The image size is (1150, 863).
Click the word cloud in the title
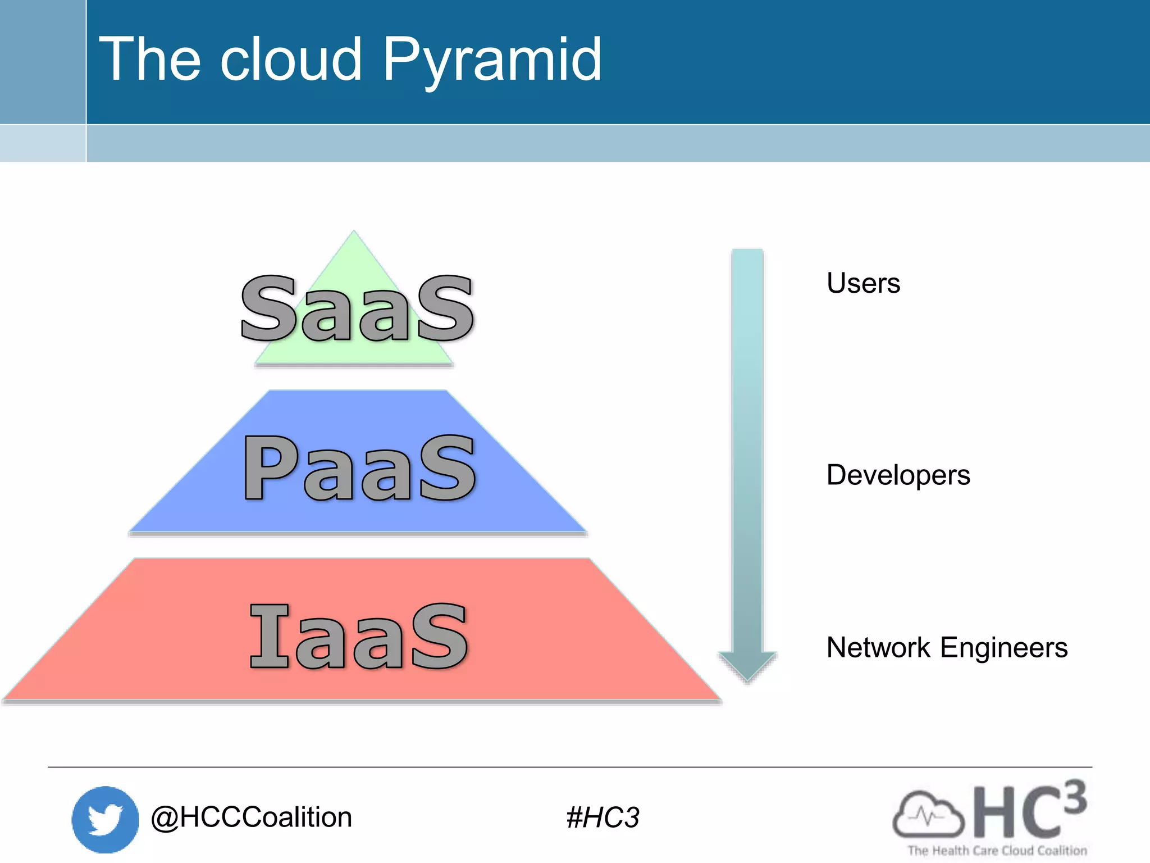click(291, 60)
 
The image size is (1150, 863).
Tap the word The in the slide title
click(150, 60)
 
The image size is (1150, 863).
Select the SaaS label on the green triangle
click(357, 309)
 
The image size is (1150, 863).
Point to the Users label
click(863, 283)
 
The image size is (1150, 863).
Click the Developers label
click(898, 475)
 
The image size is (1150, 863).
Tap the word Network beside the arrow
click(878, 648)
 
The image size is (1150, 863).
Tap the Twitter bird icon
click(105, 819)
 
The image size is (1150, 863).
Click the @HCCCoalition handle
click(251, 817)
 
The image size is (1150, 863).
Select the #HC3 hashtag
click(603, 817)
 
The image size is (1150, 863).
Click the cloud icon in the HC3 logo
click(928, 814)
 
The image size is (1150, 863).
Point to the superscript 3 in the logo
click(1074, 797)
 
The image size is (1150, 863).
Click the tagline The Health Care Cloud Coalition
click(997, 851)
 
